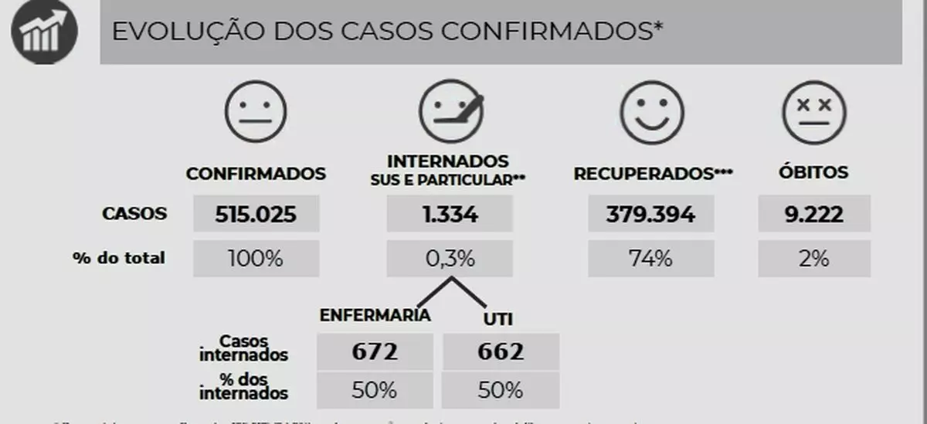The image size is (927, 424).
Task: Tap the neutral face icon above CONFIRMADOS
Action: point(255,113)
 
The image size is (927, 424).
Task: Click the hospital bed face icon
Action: point(450,113)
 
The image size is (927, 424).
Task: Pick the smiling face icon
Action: point(653,113)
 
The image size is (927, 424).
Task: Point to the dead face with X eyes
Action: point(813,113)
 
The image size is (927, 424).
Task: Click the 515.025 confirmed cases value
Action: point(256,214)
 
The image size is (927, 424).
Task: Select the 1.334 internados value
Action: point(449,214)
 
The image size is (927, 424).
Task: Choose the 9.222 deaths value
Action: point(813,214)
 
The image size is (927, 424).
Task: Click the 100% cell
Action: point(256,259)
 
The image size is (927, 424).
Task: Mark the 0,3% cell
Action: point(449,259)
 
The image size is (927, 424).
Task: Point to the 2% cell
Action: point(813,259)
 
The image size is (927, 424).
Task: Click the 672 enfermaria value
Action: point(375,352)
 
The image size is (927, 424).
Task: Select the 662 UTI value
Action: point(501,352)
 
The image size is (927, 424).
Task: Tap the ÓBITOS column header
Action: point(813,173)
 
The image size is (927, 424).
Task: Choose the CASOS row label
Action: point(134,213)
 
